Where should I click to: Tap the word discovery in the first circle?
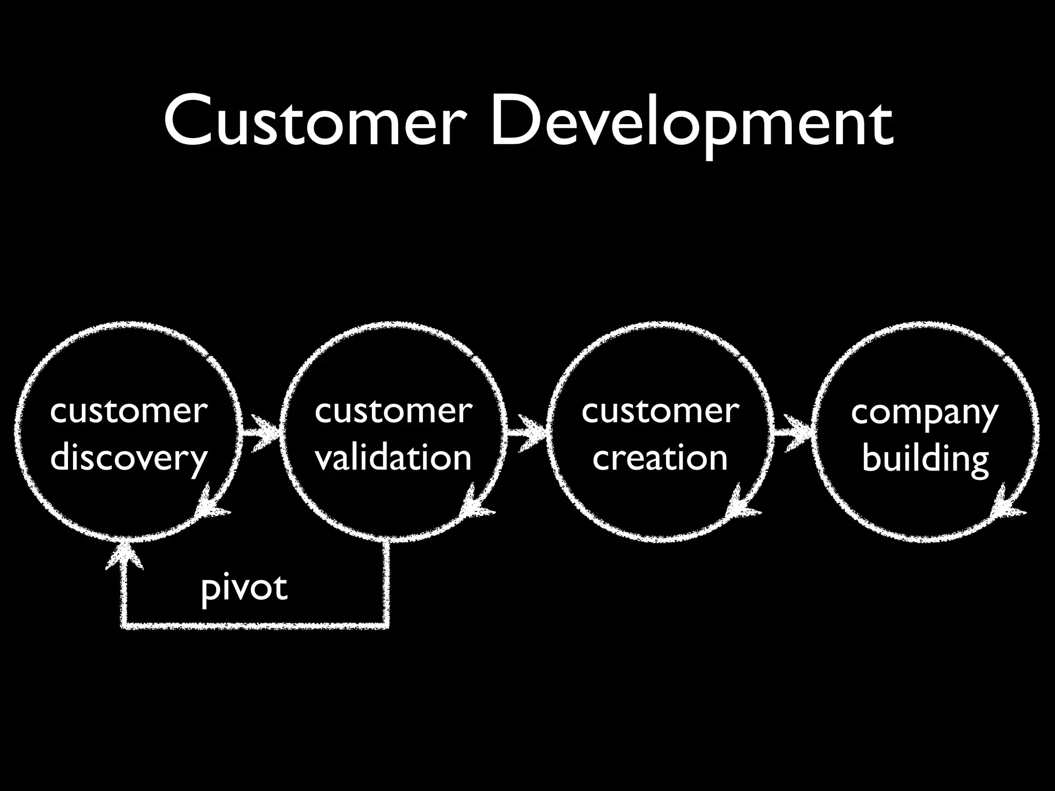click(129, 458)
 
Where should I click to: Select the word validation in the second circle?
click(394, 458)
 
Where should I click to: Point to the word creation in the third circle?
click(660, 458)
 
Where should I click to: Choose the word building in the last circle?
click(925, 458)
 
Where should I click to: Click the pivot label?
click(244, 589)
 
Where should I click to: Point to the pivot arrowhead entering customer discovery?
click(124, 556)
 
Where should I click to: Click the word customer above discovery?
click(129, 411)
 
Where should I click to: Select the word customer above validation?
click(394, 411)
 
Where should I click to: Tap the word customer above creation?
click(660, 411)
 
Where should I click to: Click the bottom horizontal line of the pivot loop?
click(255, 626)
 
